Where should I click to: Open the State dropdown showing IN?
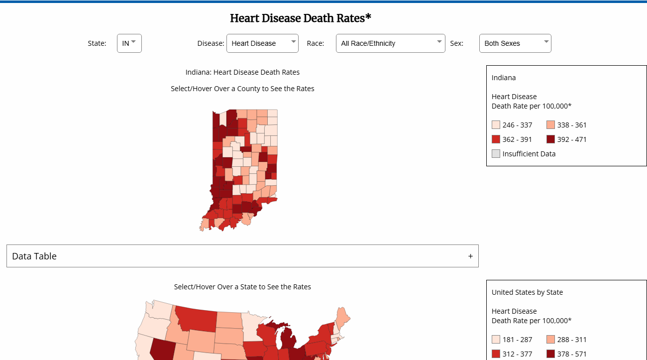129,43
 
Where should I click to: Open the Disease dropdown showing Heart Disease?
262,43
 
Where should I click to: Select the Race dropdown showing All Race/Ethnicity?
390,43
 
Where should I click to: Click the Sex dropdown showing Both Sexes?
515,43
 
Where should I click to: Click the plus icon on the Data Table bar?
470,256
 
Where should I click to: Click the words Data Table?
34,256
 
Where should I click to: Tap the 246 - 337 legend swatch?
496,125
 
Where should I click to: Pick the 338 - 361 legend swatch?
550,125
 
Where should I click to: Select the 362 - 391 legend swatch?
496,139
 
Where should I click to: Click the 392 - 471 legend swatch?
550,139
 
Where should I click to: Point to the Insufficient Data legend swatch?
496,154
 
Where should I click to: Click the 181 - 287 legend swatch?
496,340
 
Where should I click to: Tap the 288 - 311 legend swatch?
550,340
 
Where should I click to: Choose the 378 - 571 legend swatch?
550,354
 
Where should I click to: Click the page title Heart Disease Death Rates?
301,18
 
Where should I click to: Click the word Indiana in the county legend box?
504,78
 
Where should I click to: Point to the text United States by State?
527,292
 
